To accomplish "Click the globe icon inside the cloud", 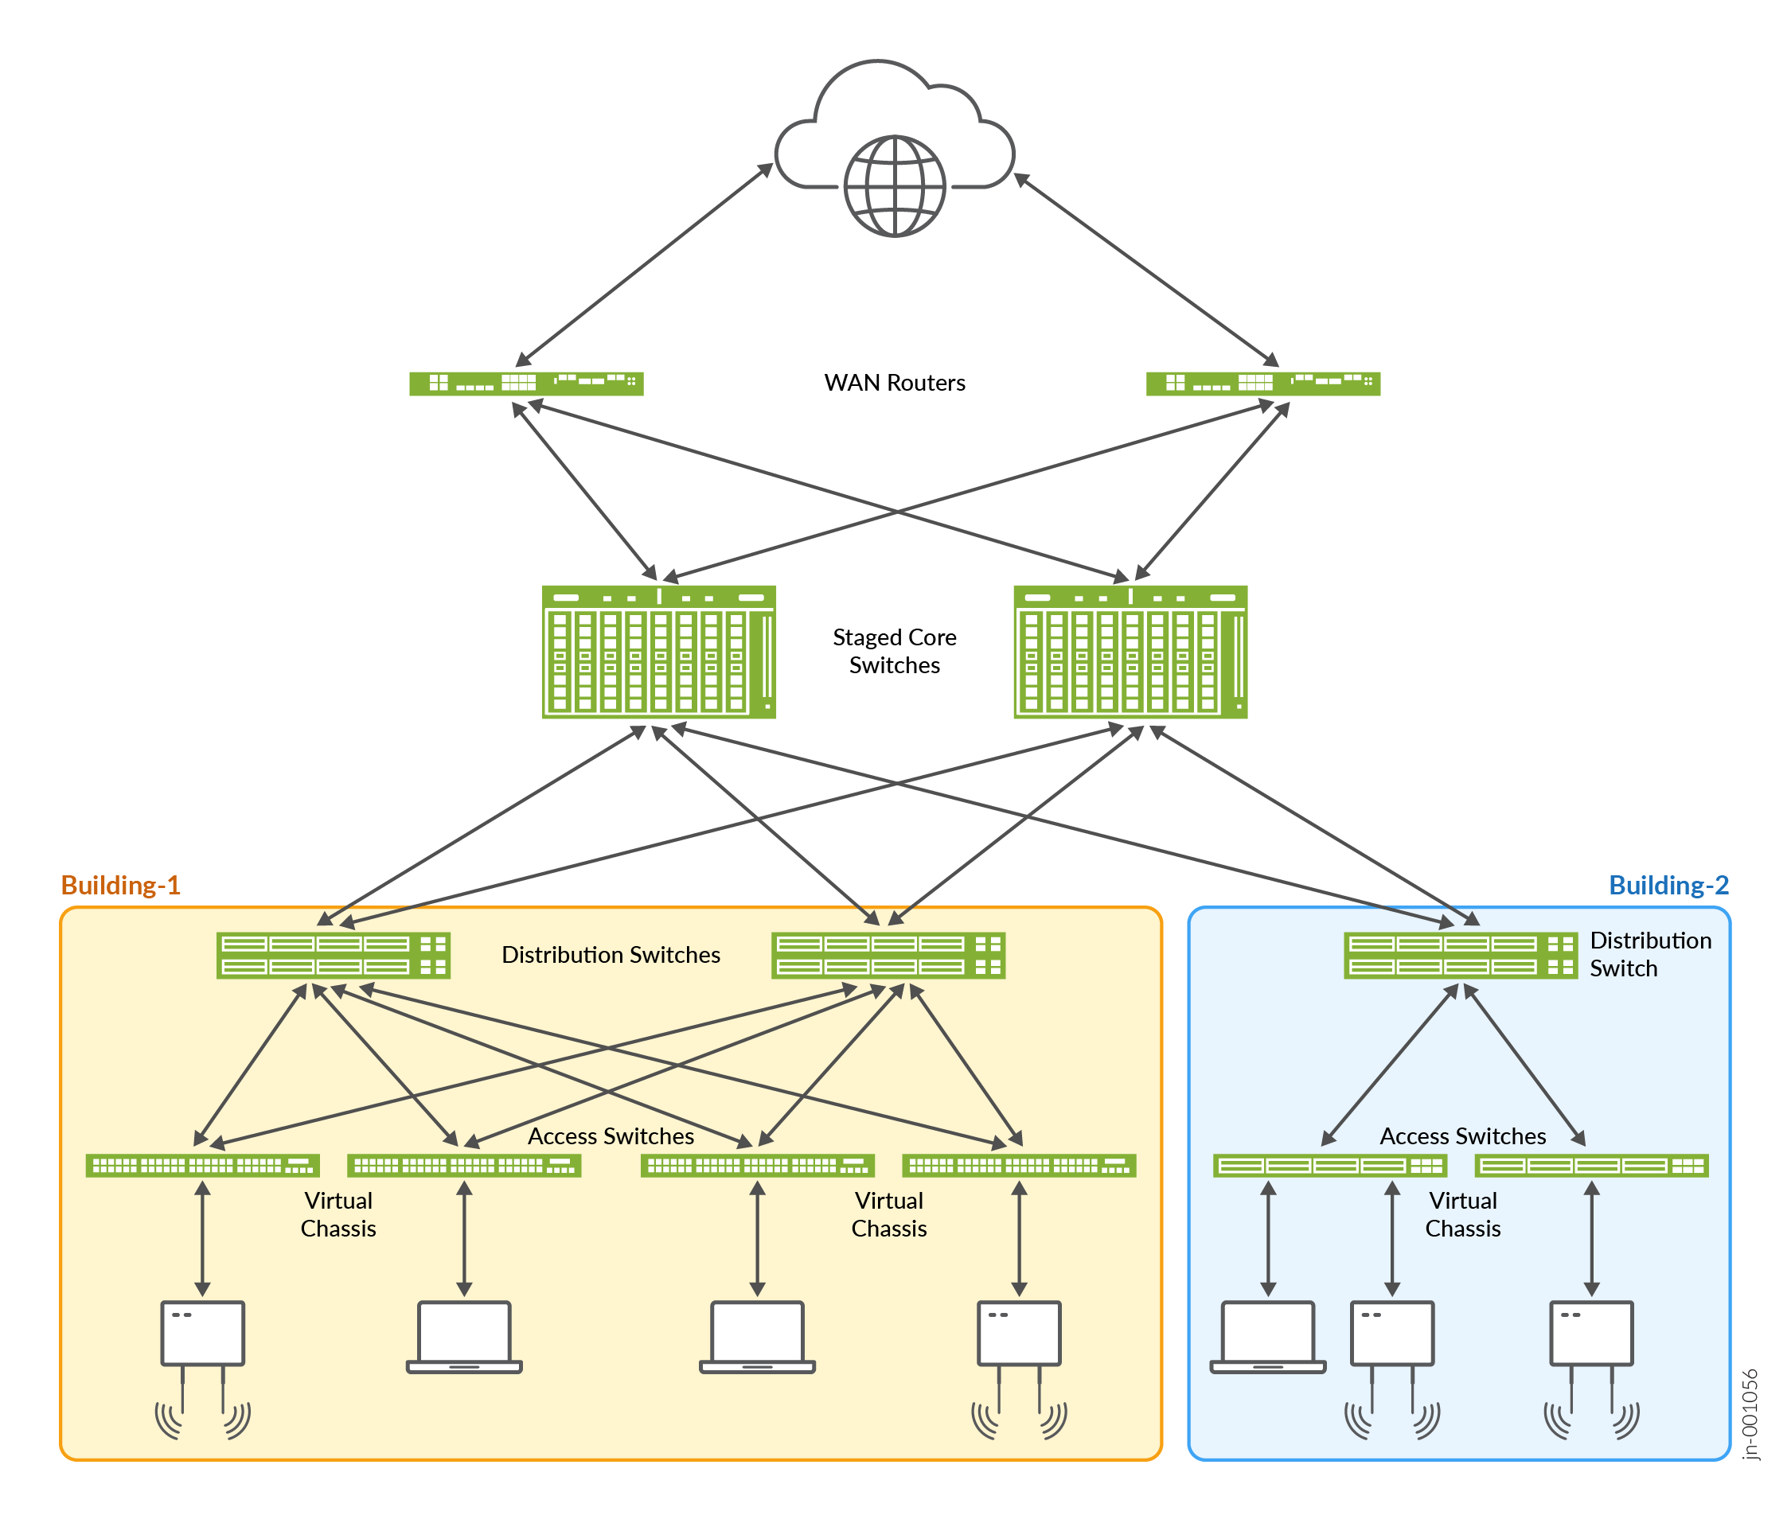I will (894, 185).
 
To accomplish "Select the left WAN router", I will (526, 383).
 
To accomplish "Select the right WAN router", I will (1262, 383).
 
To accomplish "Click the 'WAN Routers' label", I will (894, 383).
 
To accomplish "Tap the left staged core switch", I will (658, 651).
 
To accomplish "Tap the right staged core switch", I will (1130, 651).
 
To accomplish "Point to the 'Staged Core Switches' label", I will (894, 651).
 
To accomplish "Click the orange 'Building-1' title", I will (120, 885).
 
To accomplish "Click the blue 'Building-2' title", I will (1668, 885).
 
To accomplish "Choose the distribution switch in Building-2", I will (1459, 955).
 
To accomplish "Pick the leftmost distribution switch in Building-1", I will (334, 955).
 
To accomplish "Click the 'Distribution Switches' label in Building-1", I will (611, 955).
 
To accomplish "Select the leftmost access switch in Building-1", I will (203, 1166).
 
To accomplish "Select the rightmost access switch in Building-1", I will (1018, 1166).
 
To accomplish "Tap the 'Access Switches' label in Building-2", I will (1462, 1136).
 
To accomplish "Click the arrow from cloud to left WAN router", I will (643, 264).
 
